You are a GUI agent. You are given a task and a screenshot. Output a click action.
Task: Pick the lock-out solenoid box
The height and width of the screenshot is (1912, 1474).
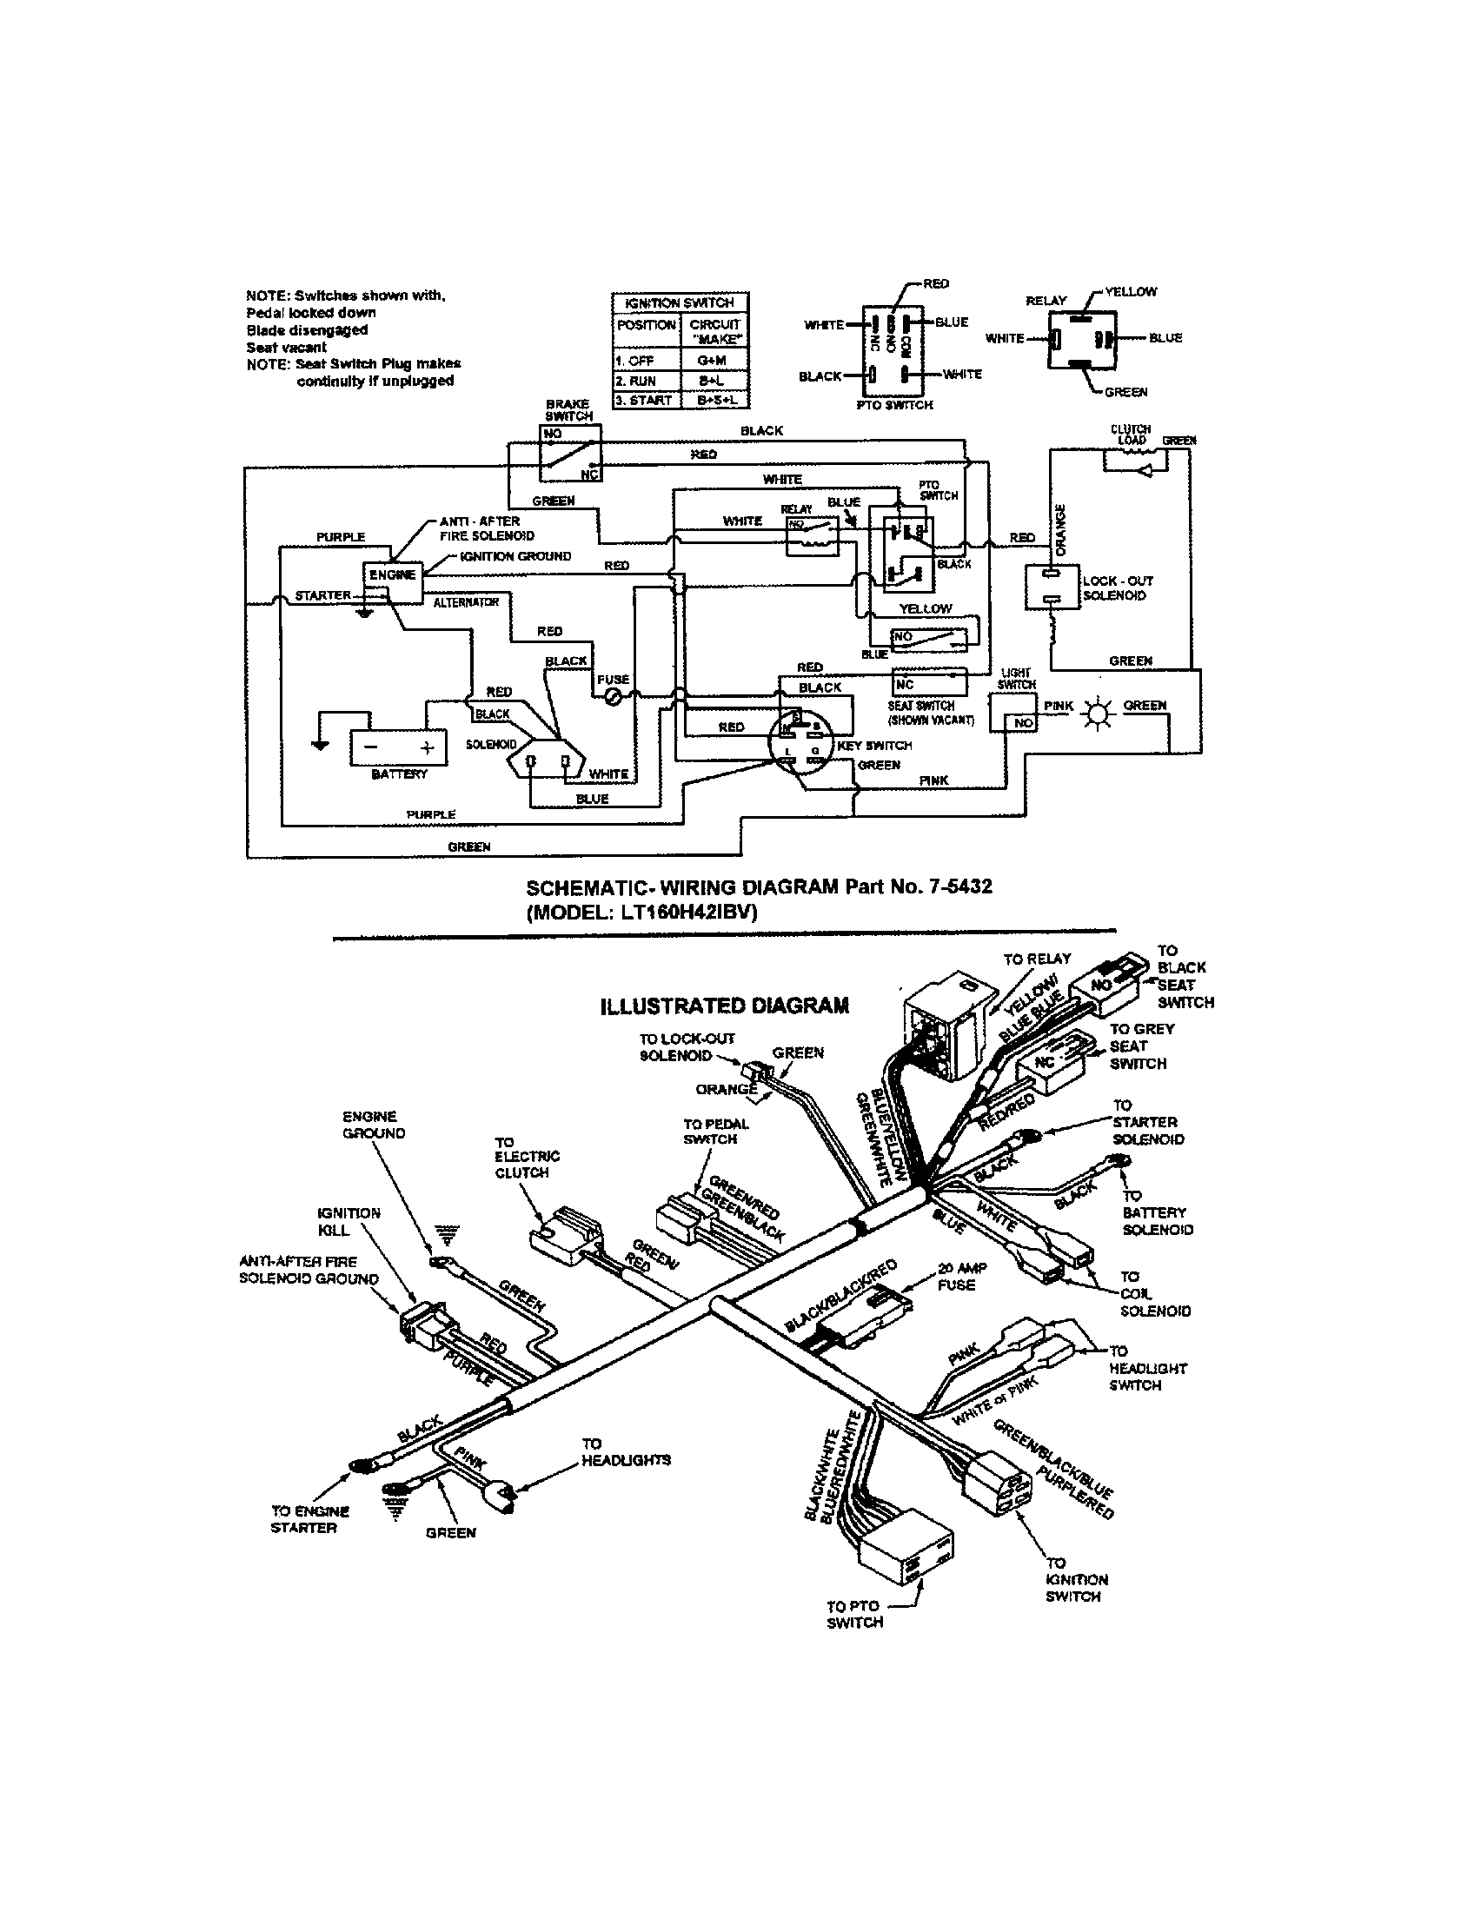pyautogui.click(x=1053, y=587)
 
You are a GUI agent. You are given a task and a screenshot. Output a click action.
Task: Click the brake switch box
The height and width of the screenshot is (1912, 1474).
pyautogui.click(x=570, y=452)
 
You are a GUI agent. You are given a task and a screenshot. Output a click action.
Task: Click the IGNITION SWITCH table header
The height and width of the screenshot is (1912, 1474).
pyautogui.click(x=680, y=302)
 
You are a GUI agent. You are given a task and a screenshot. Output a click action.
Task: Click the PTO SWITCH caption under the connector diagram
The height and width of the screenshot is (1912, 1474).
pyautogui.click(x=894, y=405)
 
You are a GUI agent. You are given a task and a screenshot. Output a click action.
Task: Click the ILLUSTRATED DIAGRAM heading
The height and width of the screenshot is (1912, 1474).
pyautogui.click(x=724, y=1005)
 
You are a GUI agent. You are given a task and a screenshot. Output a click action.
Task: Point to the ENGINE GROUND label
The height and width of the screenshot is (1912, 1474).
pyautogui.click(x=374, y=1124)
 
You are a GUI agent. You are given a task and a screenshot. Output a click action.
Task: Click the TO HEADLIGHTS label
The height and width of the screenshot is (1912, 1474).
pyautogui.click(x=626, y=1452)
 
